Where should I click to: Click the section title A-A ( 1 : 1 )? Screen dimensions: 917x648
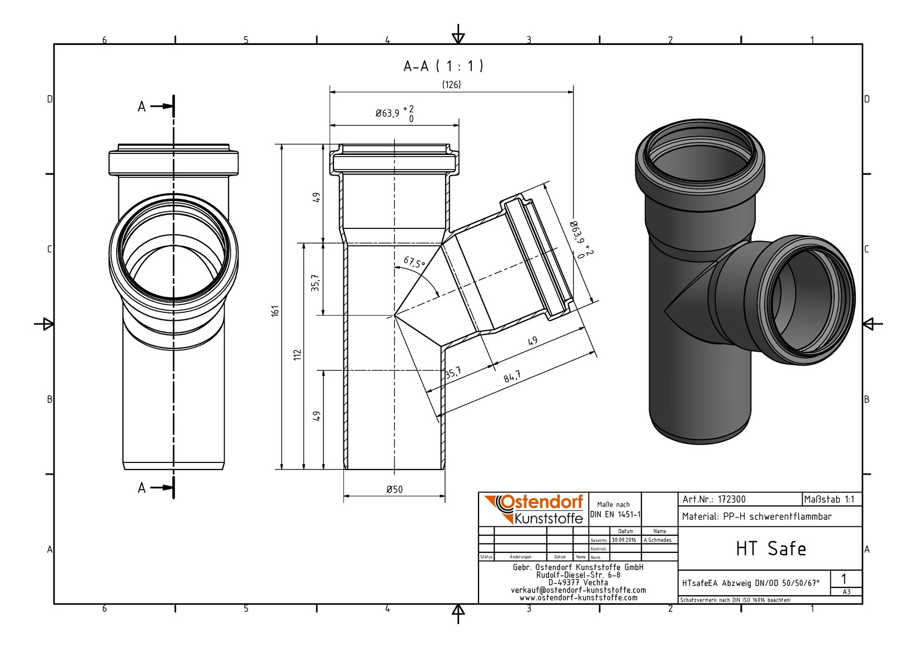443,66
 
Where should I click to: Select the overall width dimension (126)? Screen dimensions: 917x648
451,84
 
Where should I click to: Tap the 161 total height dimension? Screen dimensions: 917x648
275,311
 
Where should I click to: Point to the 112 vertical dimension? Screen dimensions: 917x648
298,355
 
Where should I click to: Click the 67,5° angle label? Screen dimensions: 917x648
414,262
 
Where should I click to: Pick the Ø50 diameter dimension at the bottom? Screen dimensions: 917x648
395,489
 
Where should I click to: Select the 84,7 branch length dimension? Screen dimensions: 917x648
512,376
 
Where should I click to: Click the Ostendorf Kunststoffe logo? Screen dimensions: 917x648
534,509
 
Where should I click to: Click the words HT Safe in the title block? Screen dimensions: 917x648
771,549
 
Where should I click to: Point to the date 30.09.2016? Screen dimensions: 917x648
624,540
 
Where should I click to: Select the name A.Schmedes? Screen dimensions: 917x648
657,540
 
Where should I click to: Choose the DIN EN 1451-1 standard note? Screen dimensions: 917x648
615,515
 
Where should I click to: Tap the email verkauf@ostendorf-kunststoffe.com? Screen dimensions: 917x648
578,590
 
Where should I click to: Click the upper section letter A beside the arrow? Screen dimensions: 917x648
142,107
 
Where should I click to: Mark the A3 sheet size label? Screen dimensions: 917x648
846,591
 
